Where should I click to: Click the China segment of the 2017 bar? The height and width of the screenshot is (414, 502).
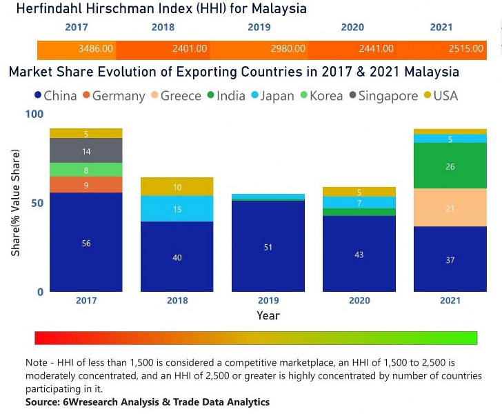(86, 242)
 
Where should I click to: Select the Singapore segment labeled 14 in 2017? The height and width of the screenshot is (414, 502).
(86, 150)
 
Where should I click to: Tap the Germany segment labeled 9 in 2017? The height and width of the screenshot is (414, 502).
(86, 185)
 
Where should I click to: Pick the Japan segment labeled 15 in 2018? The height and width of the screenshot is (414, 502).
(177, 209)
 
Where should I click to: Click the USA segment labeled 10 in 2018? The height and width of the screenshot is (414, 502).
(177, 187)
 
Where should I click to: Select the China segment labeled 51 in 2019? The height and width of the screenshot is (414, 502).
(268, 246)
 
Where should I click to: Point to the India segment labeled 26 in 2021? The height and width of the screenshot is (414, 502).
(450, 166)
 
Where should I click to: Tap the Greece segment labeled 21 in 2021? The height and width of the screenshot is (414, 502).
(450, 208)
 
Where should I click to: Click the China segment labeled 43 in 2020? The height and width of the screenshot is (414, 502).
(359, 254)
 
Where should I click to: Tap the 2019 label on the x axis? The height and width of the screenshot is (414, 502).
(268, 300)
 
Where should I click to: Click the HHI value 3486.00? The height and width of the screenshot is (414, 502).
(94, 49)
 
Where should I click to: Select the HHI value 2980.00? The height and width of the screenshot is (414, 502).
(288, 49)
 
